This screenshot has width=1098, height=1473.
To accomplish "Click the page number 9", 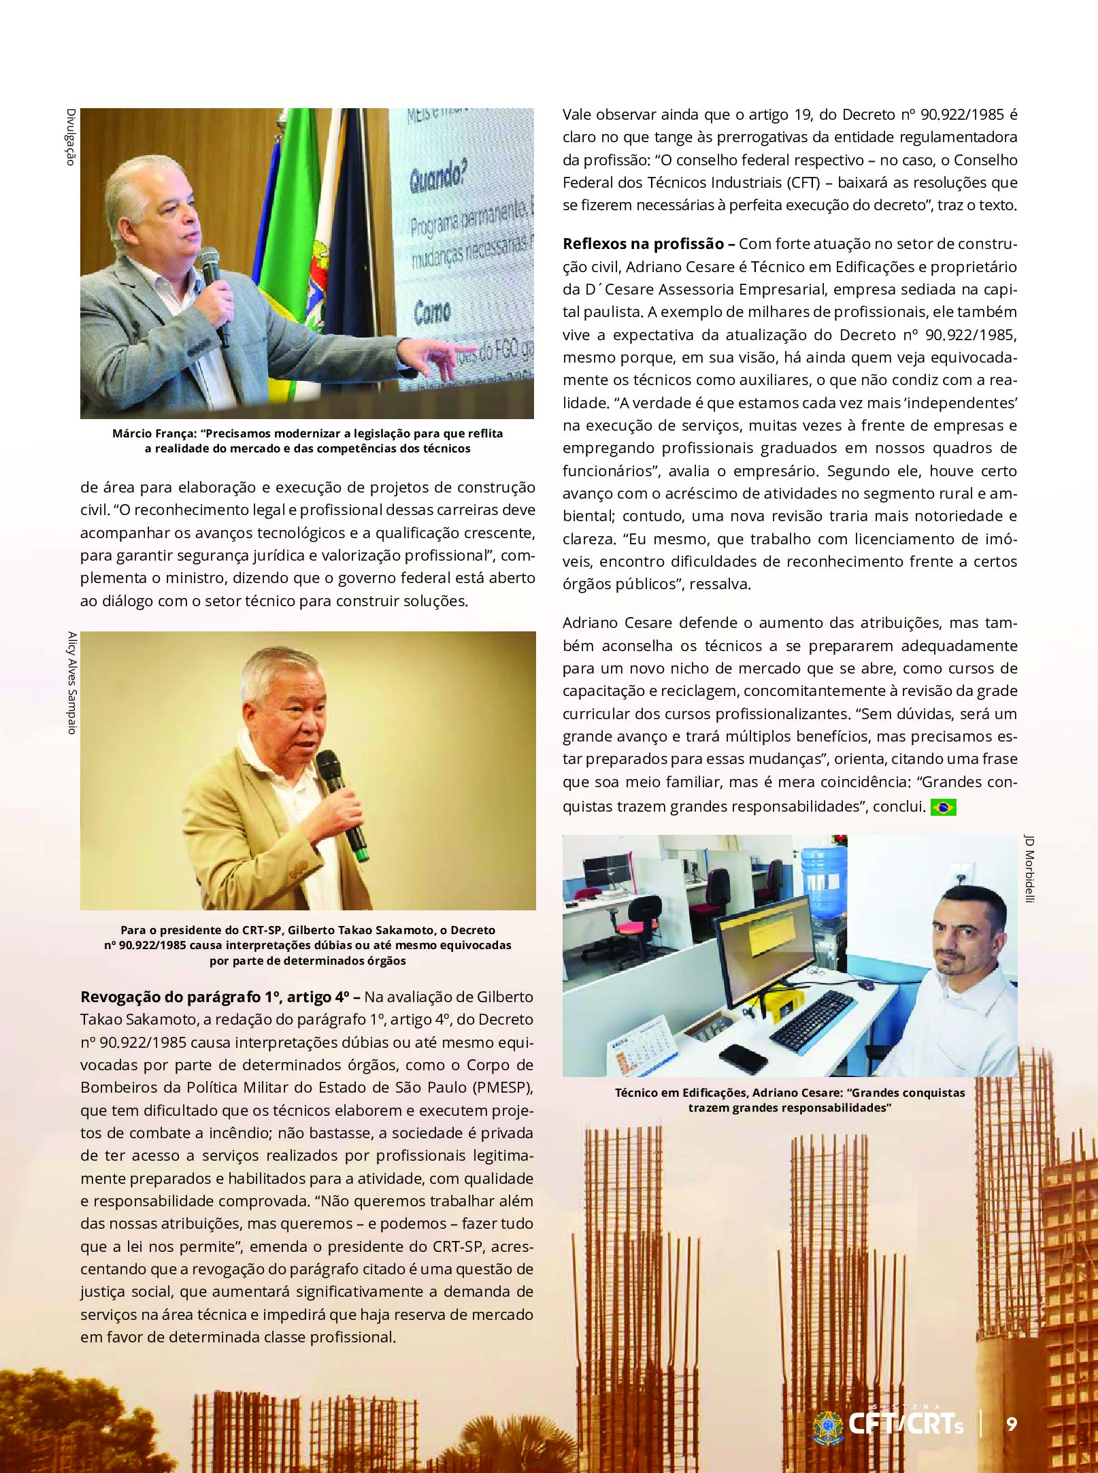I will pyautogui.click(x=1012, y=1424).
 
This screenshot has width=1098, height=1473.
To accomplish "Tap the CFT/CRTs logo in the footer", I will pyautogui.click(x=888, y=1424).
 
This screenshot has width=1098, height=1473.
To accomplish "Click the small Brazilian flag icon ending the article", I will pyautogui.click(x=943, y=807).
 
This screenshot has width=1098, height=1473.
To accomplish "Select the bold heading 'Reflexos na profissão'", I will pyautogui.click(x=643, y=244).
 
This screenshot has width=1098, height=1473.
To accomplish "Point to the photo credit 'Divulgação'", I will pyautogui.click(x=70, y=137).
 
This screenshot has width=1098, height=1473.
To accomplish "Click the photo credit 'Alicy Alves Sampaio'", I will pyautogui.click(x=71, y=682).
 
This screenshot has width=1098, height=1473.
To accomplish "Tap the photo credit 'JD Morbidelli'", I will pyautogui.click(x=1029, y=869).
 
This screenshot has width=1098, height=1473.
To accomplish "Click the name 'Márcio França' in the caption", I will pyautogui.click(x=153, y=433).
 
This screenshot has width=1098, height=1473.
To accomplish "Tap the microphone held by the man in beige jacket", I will pyautogui.click(x=342, y=803).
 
